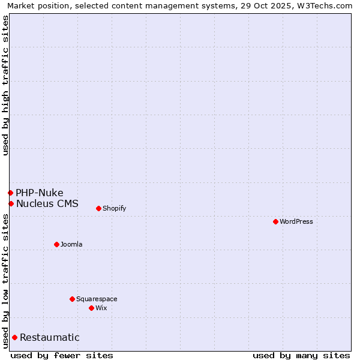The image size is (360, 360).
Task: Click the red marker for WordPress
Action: click(x=275, y=221)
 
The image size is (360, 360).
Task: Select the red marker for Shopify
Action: click(x=98, y=208)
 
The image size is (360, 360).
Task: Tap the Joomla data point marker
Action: click(x=56, y=244)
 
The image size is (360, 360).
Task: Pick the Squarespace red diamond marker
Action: click(x=72, y=299)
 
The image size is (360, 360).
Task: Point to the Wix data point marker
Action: click(x=91, y=308)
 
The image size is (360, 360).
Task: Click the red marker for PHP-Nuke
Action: click(x=10, y=193)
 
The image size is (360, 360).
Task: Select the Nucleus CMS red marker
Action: click(x=11, y=203)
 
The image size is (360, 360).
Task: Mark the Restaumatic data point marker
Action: click(x=14, y=337)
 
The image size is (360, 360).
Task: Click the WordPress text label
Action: click(x=296, y=221)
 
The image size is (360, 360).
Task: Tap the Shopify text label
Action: click(x=114, y=208)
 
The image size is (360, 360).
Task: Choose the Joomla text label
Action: click(x=71, y=244)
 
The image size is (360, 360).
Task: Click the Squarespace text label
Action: click(x=97, y=299)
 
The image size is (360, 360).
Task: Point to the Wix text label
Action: click(x=101, y=308)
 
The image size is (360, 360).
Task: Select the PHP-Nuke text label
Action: click(x=40, y=193)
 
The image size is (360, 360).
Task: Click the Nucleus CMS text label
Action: click(x=47, y=203)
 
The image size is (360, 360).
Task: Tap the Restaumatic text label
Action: click(x=50, y=337)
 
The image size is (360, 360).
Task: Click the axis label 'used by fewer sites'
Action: click(x=62, y=355)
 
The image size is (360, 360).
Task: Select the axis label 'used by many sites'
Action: click(x=301, y=355)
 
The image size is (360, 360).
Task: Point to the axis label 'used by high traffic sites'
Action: click(x=5, y=85)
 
